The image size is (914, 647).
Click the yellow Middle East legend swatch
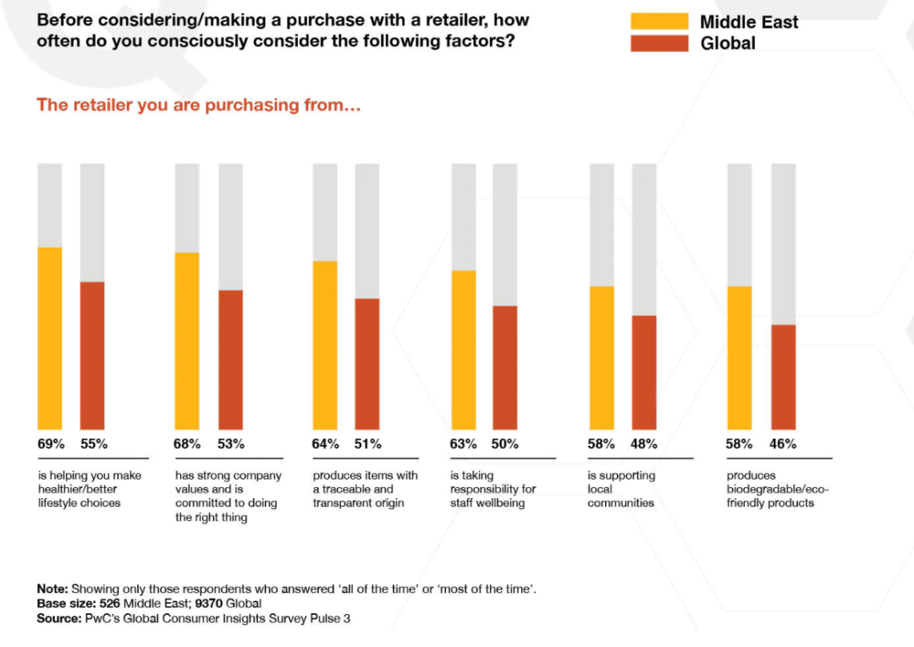pyautogui.click(x=659, y=21)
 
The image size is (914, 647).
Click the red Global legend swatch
pyautogui.click(x=659, y=43)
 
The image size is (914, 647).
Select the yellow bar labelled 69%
pyautogui.click(x=50, y=338)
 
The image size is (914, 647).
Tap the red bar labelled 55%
pyautogui.click(x=92, y=355)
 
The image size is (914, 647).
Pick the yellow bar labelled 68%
pyautogui.click(x=187, y=341)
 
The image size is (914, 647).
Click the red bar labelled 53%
pyautogui.click(x=231, y=359)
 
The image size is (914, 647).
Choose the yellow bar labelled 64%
pyautogui.click(x=325, y=345)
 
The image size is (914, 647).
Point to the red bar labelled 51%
pyautogui.click(x=367, y=364)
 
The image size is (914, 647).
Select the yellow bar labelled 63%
pyautogui.click(x=463, y=349)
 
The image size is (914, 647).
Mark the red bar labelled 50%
pyautogui.click(x=505, y=367)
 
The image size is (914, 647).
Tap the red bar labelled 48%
pyautogui.click(x=644, y=372)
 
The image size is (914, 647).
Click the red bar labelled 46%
pyautogui.click(x=783, y=377)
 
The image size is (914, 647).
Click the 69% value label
pyautogui.click(x=51, y=444)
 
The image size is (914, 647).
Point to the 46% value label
pyautogui.click(x=783, y=444)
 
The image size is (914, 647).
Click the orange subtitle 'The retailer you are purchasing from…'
pyautogui.click(x=199, y=106)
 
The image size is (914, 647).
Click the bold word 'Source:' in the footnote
pyautogui.click(x=58, y=618)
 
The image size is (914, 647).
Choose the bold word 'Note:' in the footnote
pyautogui.click(x=52, y=589)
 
